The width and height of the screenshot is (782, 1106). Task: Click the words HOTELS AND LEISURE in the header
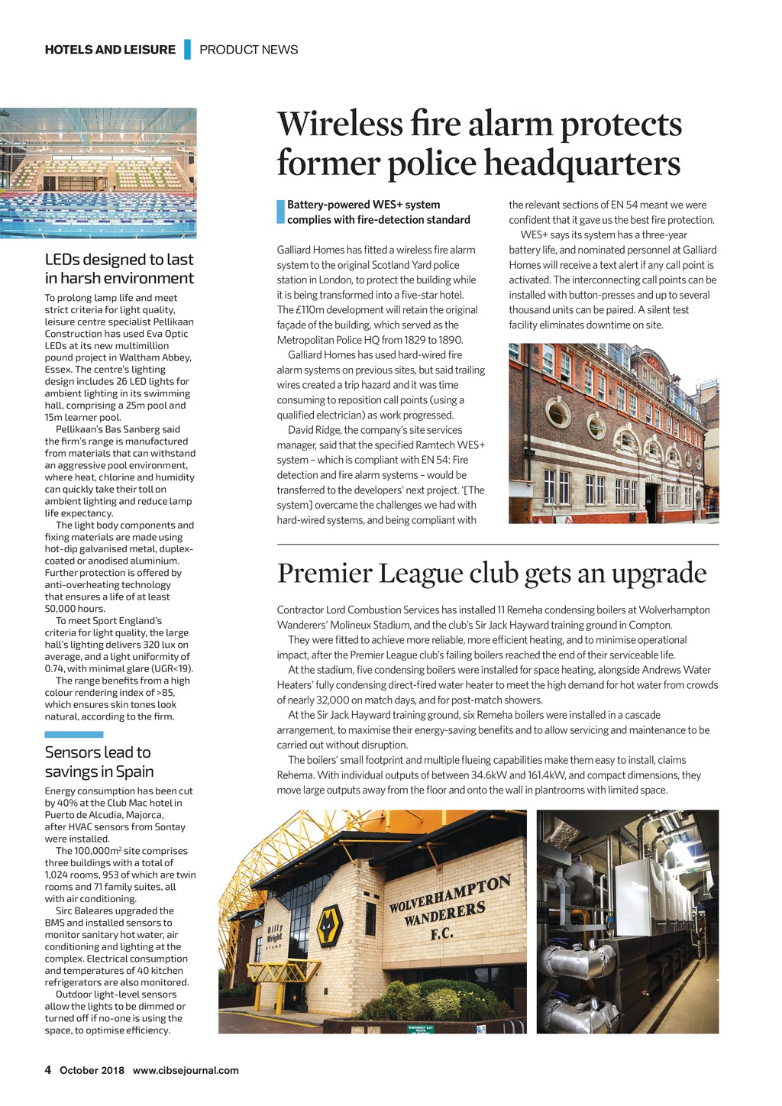click(x=110, y=50)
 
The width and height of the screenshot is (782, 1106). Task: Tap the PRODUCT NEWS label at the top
click(x=248, y=50)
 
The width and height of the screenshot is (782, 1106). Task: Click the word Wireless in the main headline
click(x=338, y=124)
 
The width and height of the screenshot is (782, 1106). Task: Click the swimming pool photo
click(x=98, y=173)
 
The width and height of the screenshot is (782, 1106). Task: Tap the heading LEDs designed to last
click(x=119, y=260)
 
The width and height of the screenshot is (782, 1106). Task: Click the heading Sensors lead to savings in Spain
click(x=99, y=762)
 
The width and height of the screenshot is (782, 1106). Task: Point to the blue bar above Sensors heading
click(x=74, y=734)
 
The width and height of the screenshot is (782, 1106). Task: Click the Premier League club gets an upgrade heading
click(x=492, y=573)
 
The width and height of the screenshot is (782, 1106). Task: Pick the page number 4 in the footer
click(x=48, y=1070)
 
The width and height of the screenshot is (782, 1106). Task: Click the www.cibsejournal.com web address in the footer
click(x=186, y=1070)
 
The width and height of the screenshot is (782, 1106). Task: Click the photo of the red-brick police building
click(x=614, y=433)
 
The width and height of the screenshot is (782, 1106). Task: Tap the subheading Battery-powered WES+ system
click(x=364, y=205)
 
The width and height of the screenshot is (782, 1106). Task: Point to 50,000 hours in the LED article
click(x=75, y=609)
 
